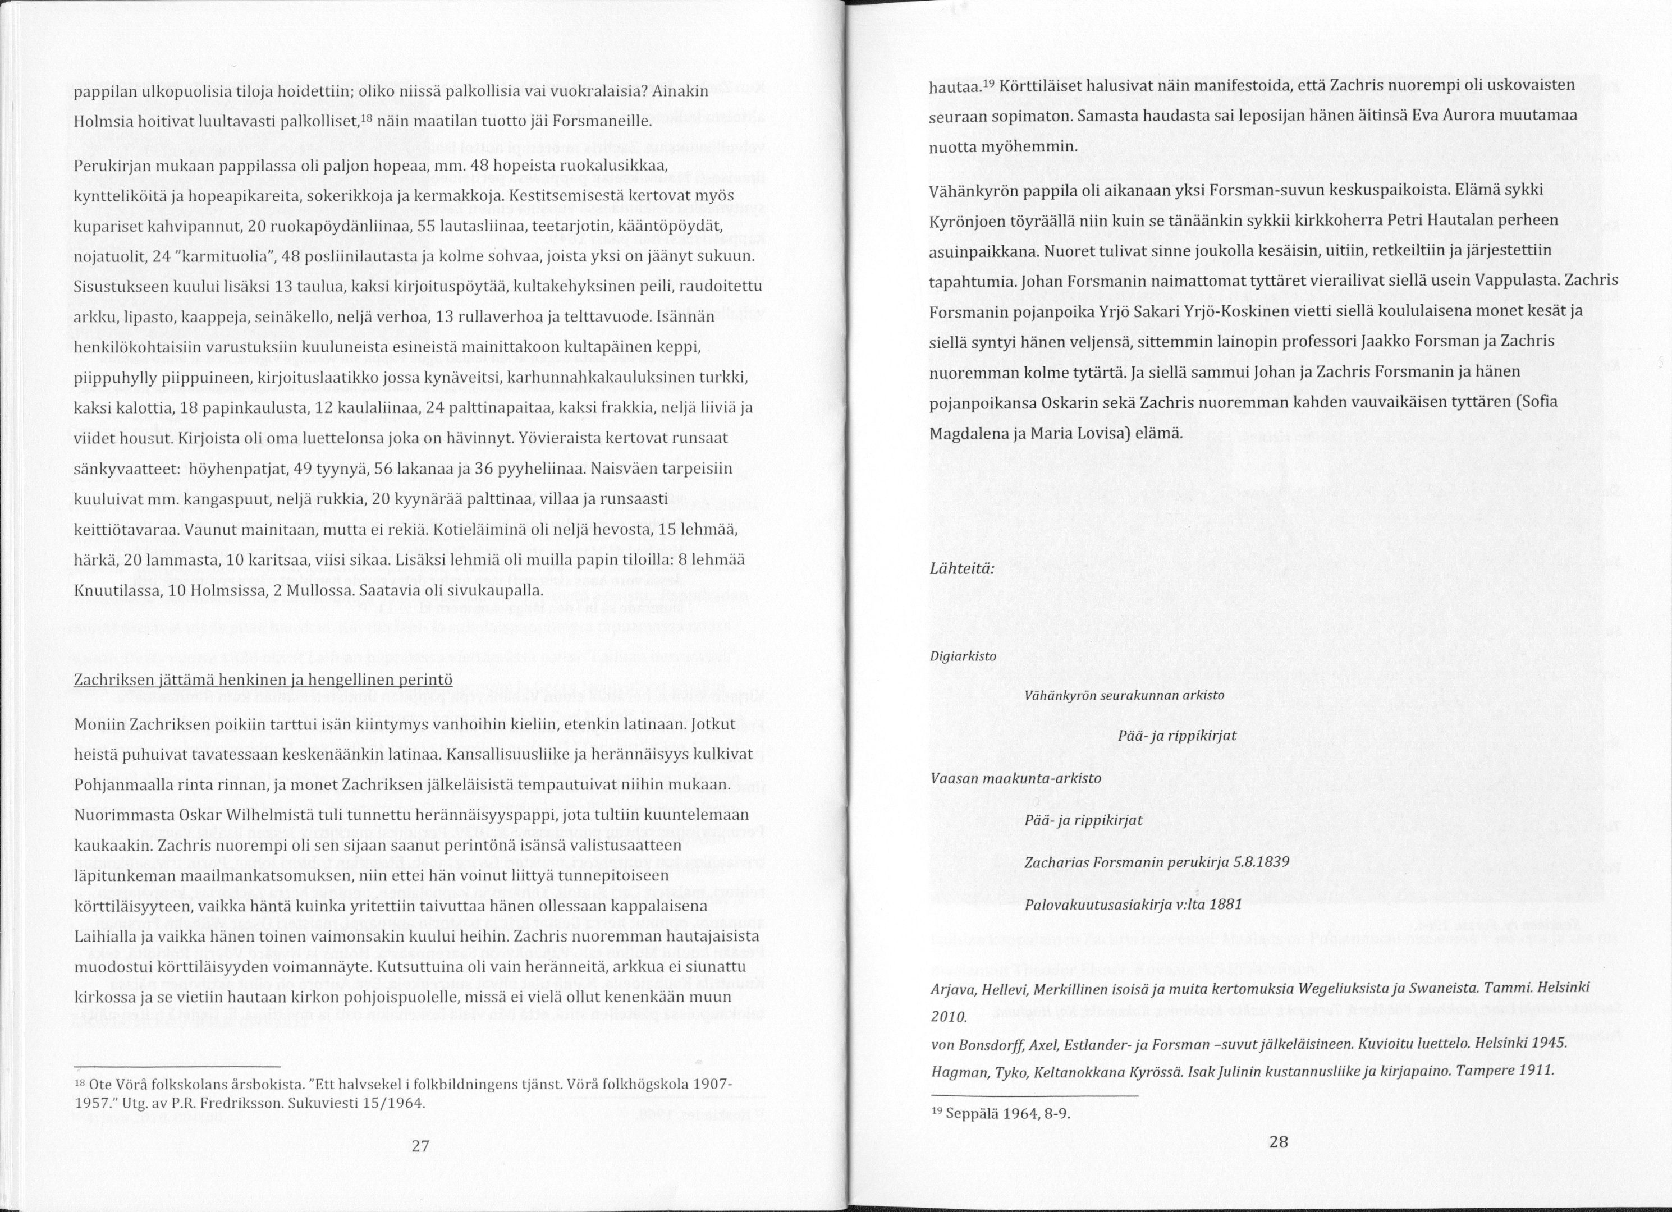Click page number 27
[420, 1146]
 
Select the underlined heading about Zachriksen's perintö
[263, 679]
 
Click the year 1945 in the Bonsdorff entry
[1545, 1045]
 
